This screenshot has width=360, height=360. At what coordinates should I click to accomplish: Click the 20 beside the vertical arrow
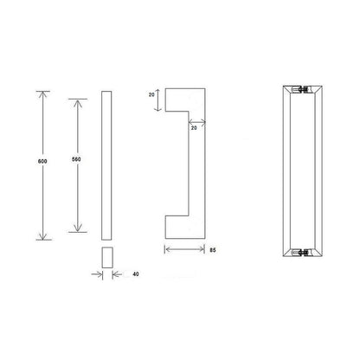[x=151, y=97]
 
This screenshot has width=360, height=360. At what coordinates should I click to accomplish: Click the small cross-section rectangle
[x=106, y=257]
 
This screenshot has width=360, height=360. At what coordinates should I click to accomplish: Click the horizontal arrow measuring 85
[x=183, y=249]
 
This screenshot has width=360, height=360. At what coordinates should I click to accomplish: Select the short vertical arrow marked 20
[x=158, y=102]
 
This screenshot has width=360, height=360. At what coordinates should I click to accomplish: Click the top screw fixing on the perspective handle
[x=299, y=90]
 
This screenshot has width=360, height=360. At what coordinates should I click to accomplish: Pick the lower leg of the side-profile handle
[x=183, y=227]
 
